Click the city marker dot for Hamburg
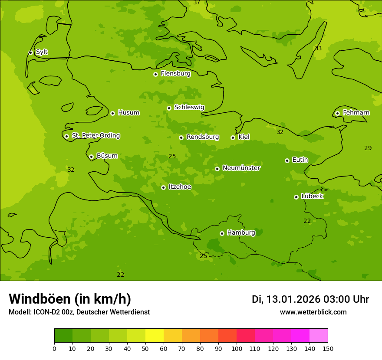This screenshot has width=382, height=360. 222,233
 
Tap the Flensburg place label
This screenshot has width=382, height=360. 175,74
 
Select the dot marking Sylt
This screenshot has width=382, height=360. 30,52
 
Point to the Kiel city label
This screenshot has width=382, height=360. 244,137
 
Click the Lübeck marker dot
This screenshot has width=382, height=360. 296,197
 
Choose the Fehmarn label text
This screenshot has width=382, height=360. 356,113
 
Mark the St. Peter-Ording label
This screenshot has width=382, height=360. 95,136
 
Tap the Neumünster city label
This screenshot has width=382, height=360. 241,168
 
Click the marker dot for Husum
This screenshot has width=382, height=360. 112,113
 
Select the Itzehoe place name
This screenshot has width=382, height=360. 180,187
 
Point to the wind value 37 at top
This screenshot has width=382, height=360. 197,3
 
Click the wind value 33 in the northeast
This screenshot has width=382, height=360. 318,48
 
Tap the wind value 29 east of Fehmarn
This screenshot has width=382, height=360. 368,148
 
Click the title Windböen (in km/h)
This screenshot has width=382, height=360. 70,299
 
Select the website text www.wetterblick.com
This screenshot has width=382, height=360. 313,312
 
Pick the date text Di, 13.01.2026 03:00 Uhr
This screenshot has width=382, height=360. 310,299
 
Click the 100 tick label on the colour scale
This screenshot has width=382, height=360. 237,348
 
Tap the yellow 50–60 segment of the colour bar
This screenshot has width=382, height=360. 154,336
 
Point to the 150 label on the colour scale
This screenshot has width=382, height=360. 328,348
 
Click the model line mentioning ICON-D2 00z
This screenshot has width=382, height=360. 79,312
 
